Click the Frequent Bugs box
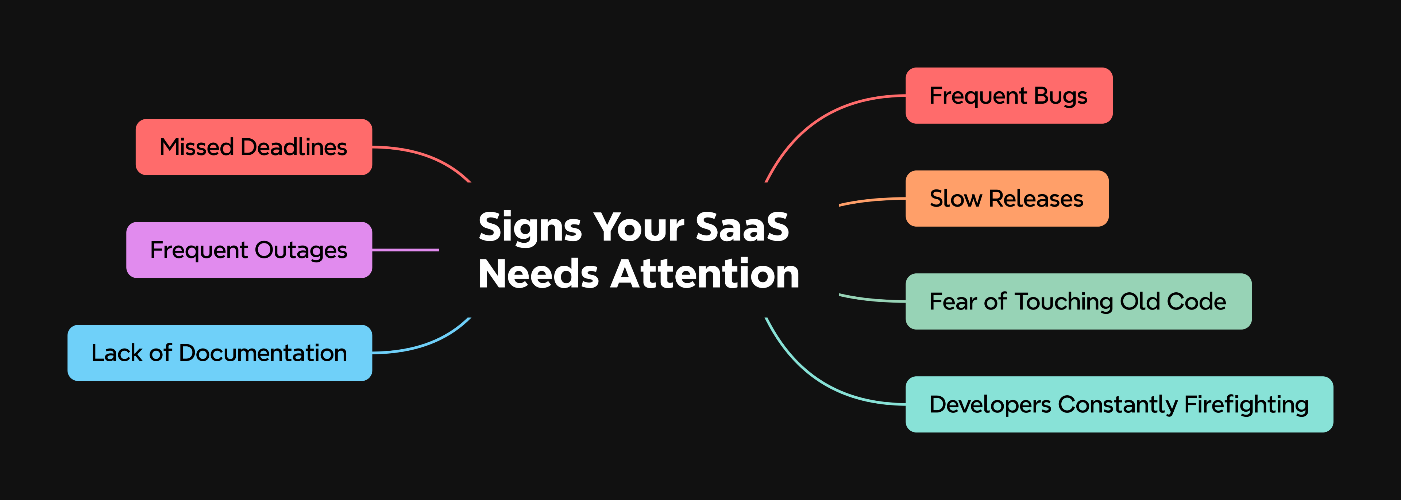pyautogui.click(x=1008, y=96)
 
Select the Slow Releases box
pyautogui.click(x=1006, y=199)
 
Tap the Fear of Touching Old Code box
pyautogui.click(x=1078, y=301)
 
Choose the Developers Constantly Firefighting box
pyautogui.click(x=1119, y=404)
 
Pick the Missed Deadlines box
pyautogui.click(x=254, y=147)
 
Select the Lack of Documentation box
pyautogui.click(x=219, y=353)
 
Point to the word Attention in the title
pyautogui.click(x=705, y=274)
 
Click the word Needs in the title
pyautogui.click(x=539, y=274)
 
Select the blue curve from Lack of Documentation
pyautogui.click(x=430, y=343)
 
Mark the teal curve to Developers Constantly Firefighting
pyautogui.click(x=816, y=381)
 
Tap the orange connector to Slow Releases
pyautogui.click(x=870, y=200)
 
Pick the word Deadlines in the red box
pyautogui.click(x=294, y=147)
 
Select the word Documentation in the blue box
pyautogui.click(x=263, y=353)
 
